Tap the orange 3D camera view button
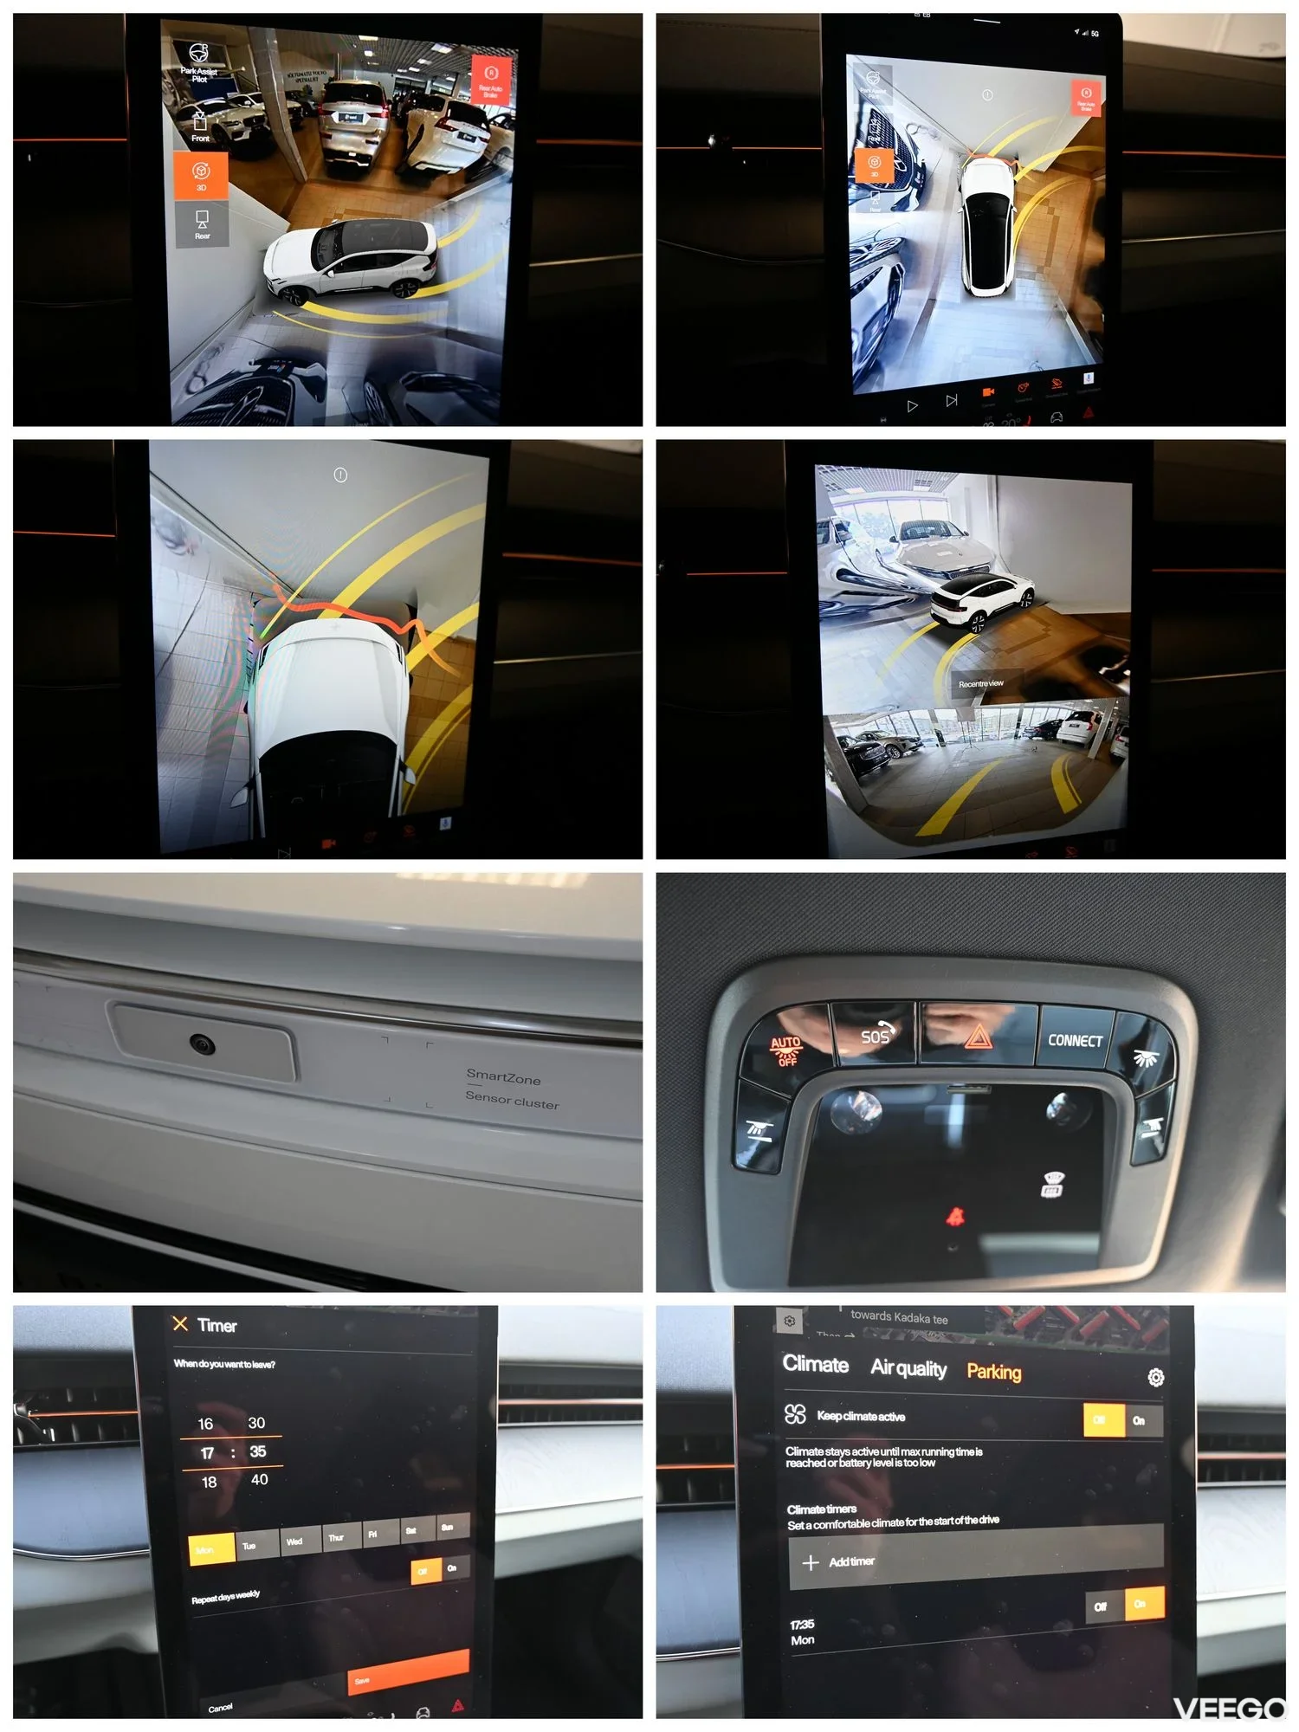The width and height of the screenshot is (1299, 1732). click(x=201, y=175)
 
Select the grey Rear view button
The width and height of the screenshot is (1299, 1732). click(x=202, y=223)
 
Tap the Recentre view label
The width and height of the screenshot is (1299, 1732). click(x=980, y=684)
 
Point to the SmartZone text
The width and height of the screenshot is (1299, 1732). click(x=503, y=1077)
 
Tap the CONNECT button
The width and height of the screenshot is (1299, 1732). click(x=1075, y=1040)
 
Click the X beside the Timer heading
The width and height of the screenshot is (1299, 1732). click(x=180, y=1324)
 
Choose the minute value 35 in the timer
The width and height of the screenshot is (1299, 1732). click(x=258, y=1451)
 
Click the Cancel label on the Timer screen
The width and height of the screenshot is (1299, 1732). click(x=220, y=1707)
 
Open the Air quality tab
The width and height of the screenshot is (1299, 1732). click(x=908, y=1368)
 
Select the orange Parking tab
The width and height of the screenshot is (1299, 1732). click(x=993, y=1372)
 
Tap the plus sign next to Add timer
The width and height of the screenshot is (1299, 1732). click(x=811, y=1562)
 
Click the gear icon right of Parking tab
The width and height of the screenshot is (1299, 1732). click(x=1155, y=1377)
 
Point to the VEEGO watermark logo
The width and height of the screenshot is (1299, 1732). click(x=1230, y=1709)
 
